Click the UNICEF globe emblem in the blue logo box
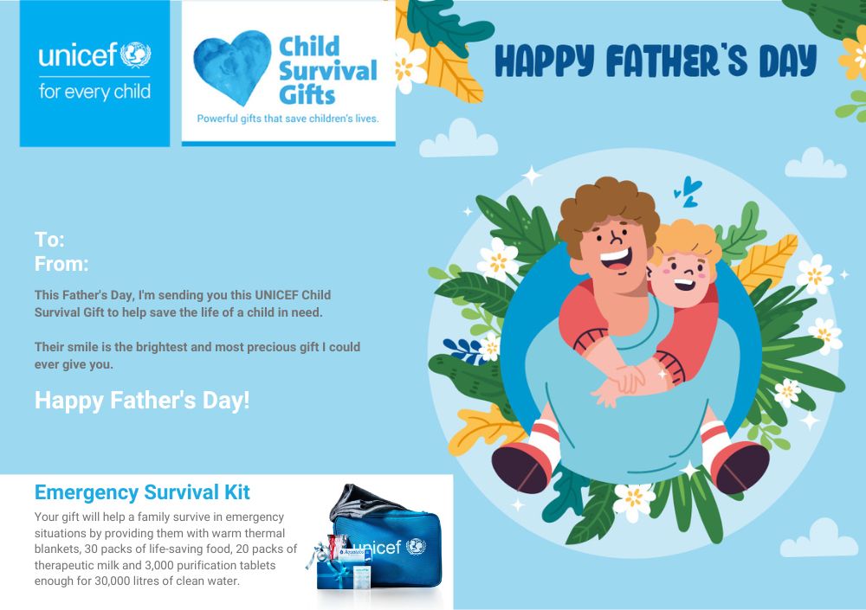[135, 55]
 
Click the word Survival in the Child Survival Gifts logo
[328, 71]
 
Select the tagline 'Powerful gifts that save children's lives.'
[288, 119]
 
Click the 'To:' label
[49, 240]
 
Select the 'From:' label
[61, 264]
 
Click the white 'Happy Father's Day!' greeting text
[142, 401]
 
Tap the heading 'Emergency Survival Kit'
[142, 491]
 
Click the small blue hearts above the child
[688, 191]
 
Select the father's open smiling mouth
[617, 259]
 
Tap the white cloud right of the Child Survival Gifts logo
[458, 138]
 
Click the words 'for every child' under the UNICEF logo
[94, 92]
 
